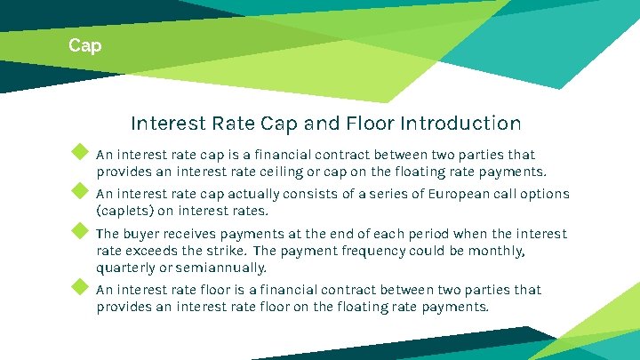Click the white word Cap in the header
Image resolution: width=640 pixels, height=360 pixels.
[x=85, y=44]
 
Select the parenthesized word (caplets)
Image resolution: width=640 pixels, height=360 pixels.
[x=124, y=211]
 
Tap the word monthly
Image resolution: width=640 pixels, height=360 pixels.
[x=498, y=251]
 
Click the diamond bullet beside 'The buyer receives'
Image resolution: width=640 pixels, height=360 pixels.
[x=80, y=231]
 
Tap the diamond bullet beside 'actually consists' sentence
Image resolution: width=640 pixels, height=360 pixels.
[x=80, y=191]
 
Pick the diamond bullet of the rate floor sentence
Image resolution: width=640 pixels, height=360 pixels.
[x=80, y=287]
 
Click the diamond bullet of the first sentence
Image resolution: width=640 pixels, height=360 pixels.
[x=80, y=151]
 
